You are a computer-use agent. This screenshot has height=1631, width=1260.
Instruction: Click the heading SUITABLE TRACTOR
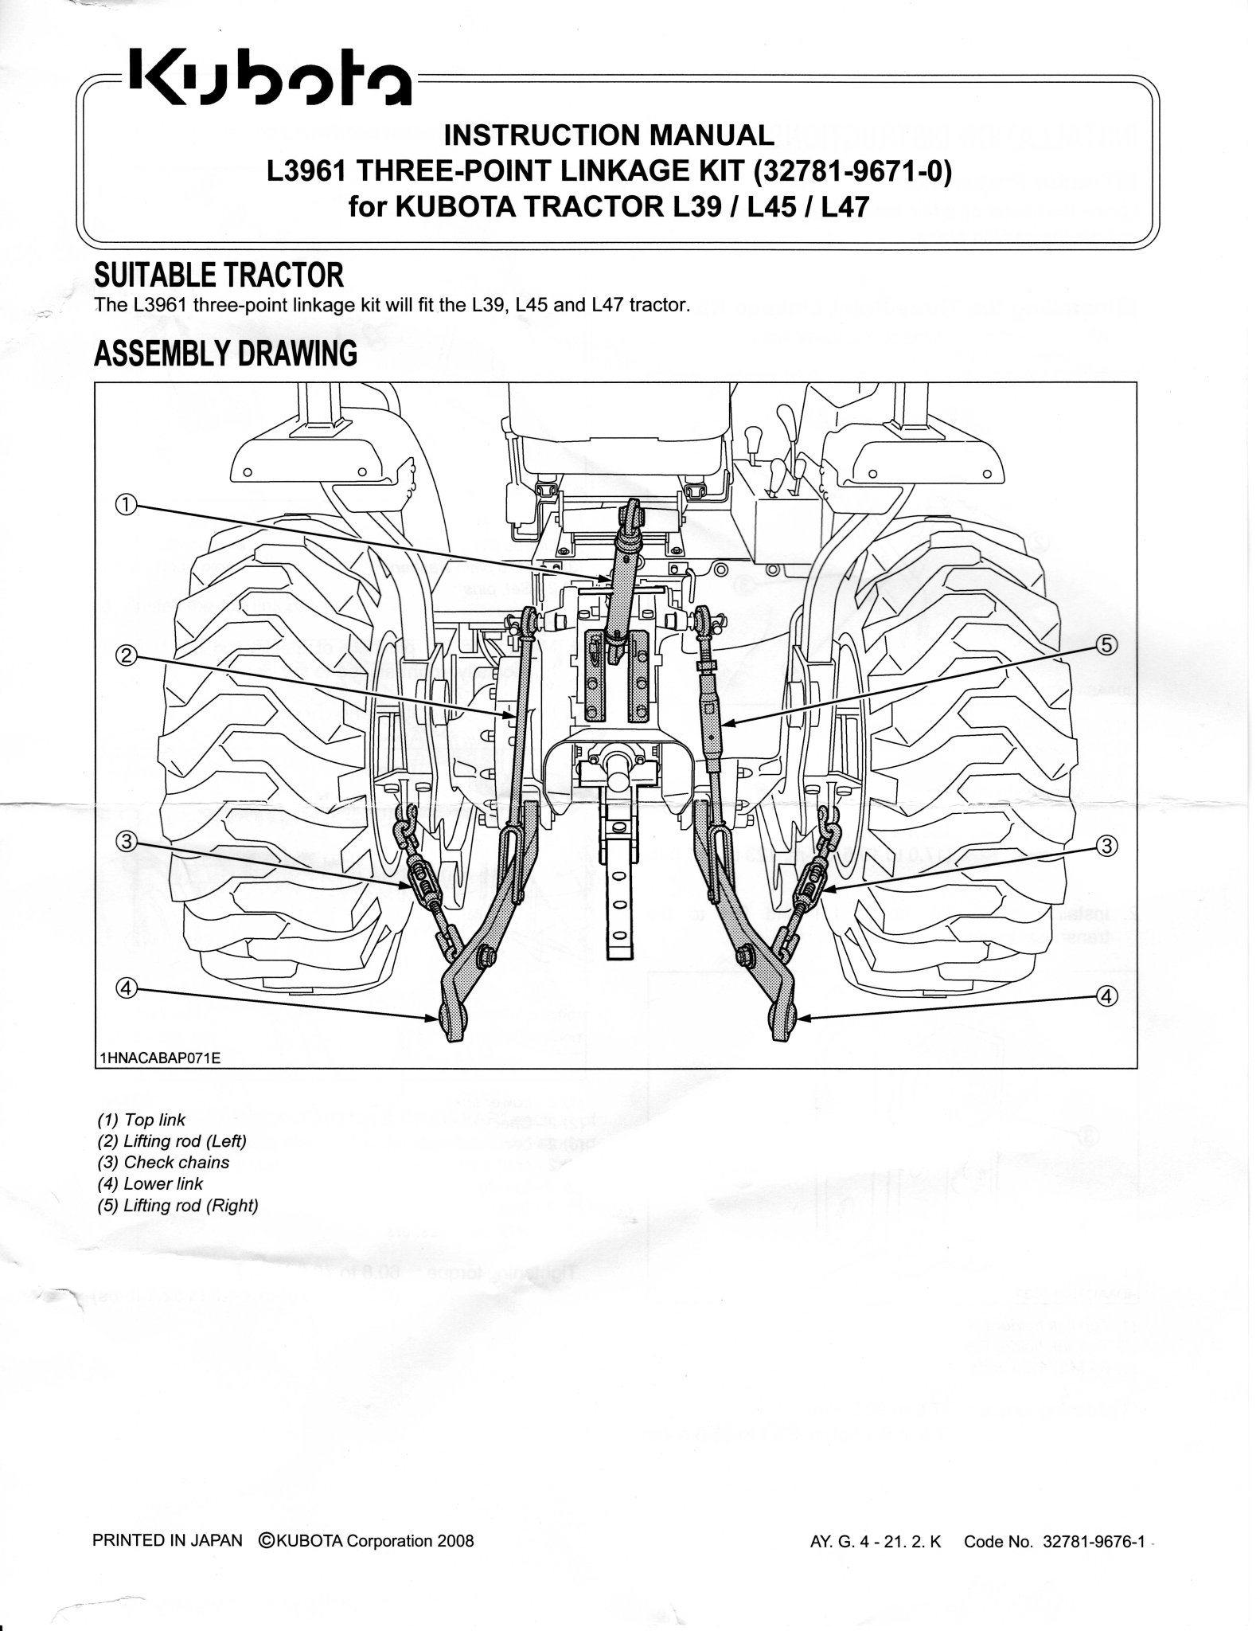[x=218, y=276]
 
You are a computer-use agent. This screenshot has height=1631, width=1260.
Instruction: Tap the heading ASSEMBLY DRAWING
[x=225, y=354]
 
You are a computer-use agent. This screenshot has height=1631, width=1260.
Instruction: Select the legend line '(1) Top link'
[x=141, y=1120]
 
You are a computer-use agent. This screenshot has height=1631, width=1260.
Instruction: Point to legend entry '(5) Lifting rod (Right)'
[x=177, y=1206]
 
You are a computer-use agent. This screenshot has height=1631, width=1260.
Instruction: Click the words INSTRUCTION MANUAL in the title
[x=608, y=135]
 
